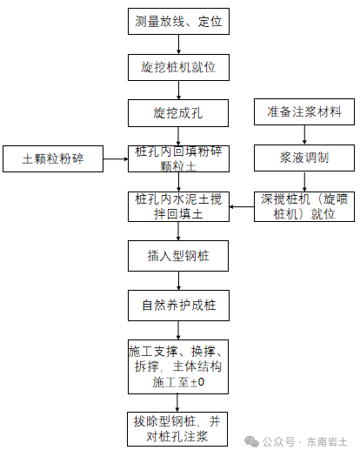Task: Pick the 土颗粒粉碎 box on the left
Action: click(54, 159)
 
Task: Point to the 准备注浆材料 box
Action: click(303, 112)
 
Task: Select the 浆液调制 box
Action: click(303, 159)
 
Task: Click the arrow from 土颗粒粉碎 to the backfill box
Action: click(115, 159)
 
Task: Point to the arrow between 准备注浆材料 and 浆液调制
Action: click(303, 135)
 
